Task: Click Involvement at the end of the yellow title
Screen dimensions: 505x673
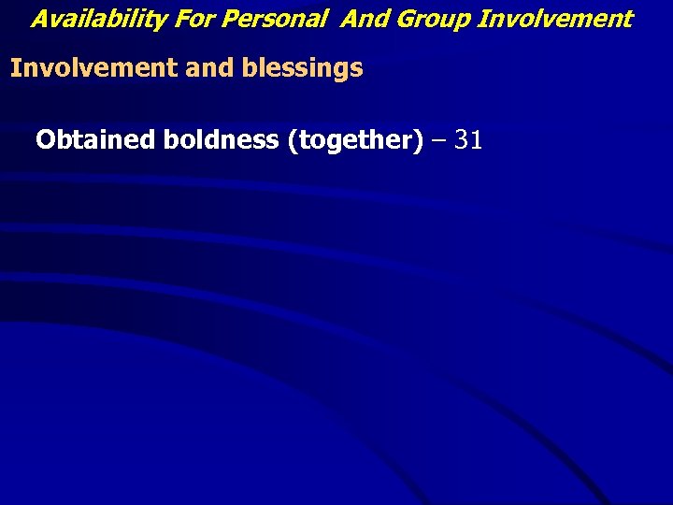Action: click(x=555, y=19)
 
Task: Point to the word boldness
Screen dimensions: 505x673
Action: click(x=221, y=140)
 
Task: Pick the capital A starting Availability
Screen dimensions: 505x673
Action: click(x=40, y=19)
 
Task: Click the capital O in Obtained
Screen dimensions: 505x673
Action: click(x=46, y=140)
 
